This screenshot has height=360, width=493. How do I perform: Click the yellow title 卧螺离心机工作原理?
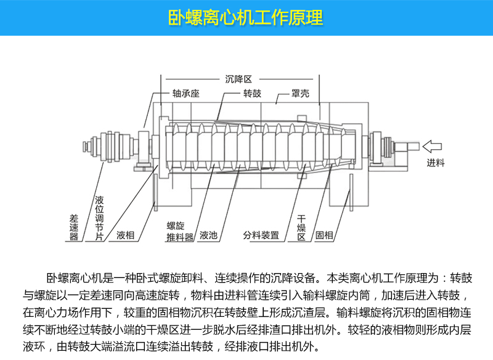[x=246, y=17]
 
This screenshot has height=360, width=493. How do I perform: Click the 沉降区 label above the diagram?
[x=240, y=80]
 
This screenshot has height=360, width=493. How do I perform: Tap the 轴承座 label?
[x=185, y=95]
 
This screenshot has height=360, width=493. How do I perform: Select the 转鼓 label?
[x=252, y=95]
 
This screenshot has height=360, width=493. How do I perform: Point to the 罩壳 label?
[x=300, y=95]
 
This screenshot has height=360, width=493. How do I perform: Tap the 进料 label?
[x=436, y=163]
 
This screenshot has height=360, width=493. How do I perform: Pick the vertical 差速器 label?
[x=74, y=226]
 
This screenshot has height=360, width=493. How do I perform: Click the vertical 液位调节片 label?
[x=99, y=219]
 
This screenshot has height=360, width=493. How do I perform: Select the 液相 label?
[x=126, y=235]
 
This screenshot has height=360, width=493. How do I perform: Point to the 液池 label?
[x=209, y=235]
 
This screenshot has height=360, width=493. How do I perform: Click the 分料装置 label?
[x=261, y=235]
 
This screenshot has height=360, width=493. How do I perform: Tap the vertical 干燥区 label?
[x=302, y=227]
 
